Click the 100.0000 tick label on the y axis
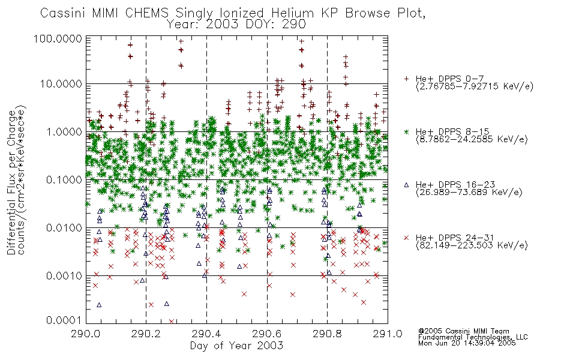58,38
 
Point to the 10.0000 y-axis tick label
61,84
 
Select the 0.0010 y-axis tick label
64,276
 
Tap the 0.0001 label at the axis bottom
64,320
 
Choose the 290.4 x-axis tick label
207,334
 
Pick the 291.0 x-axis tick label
388,334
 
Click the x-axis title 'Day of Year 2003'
236,346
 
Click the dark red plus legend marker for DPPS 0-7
407,79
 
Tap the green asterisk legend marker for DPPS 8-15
407,131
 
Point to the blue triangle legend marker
407,185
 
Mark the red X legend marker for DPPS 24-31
407,238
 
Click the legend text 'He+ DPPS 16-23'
455,185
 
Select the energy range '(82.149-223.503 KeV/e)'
472,245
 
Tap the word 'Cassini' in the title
62,13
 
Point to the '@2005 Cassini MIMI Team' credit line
463,331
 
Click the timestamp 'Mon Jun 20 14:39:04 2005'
467,343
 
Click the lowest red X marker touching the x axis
172,322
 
